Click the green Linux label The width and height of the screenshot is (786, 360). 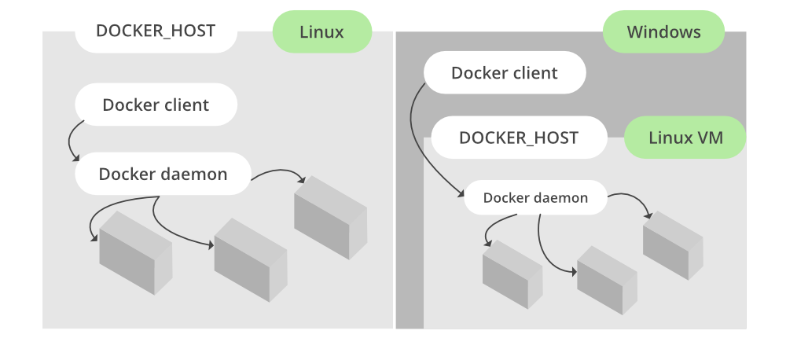(x=321, y=32)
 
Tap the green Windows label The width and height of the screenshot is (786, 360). (x=663, y=32)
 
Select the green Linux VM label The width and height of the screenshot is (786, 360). (x=685, y=138)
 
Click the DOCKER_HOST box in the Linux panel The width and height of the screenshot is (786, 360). (x=156, y=31)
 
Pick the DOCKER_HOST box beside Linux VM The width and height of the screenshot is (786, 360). (x=519, y=138)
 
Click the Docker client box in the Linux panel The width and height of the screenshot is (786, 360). (x=156, y=105)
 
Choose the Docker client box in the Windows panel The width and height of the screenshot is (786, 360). (x=505, y=73)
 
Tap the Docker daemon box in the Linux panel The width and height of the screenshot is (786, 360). (x=163, y=174)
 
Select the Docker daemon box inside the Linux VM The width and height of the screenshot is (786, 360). (x=535, y=197)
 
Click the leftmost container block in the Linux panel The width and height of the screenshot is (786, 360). (x=134, y=253)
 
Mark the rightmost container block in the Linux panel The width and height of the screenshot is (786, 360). (x=330, y=219)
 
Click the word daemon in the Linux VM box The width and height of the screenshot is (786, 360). (x=560, y=198)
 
